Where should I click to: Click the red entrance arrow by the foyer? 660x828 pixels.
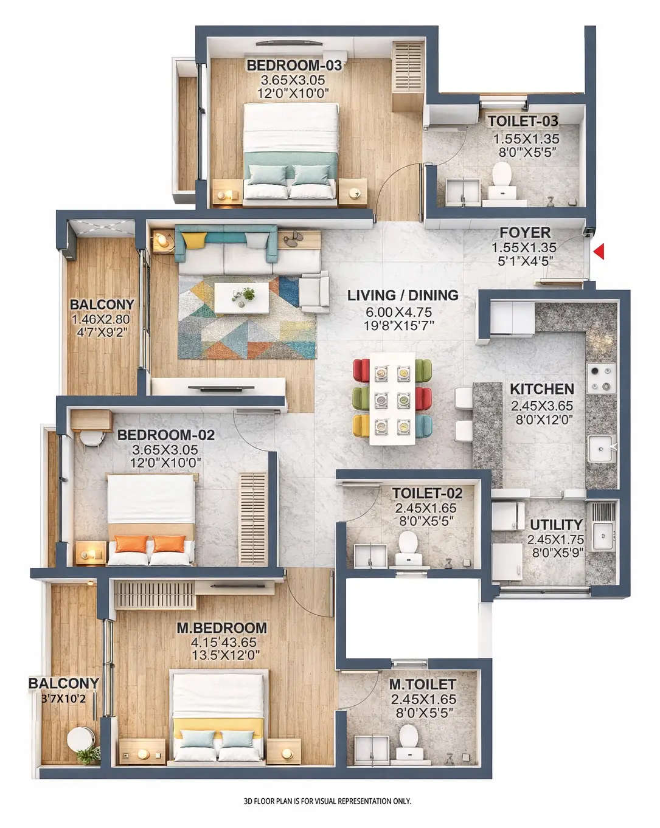pyautogui.click(x=599, y=251)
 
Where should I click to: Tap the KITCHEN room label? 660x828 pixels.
pyautogui.click(x=541, y=389)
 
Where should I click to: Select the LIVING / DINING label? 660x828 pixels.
pyautogui.click(x=403, y=295)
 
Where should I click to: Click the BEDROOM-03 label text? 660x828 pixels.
pyautogui.click(x=294, y=65)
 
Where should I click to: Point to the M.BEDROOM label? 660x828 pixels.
pyautogui.click(x=221, y=628)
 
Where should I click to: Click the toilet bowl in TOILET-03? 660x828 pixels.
pyautogui.click(x=502, y=174)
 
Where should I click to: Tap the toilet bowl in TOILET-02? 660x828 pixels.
pyautogui.click(x=408, y=542)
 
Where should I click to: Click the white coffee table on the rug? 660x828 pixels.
pyautogui.click(x=243, y=298)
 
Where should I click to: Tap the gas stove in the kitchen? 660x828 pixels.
pyautogui.click(x=600, y=378)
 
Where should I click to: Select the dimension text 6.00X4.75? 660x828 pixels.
pyautogui.click(x=398, y=312)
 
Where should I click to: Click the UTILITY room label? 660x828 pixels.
pyautogui.click(x=556, y=525)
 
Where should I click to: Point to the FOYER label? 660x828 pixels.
pyautogui.click(x=525, y=233)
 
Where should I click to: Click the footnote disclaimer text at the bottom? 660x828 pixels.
pyautogui.click(x=327, y=801)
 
